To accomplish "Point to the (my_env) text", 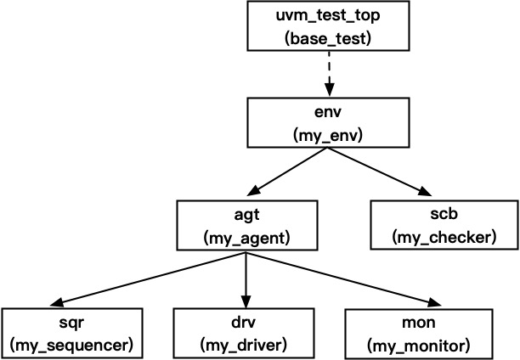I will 328,135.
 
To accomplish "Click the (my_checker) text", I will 444,239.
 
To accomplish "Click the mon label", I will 418,322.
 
